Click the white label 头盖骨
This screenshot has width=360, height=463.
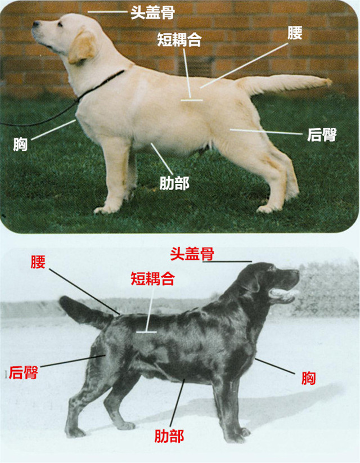[x=152, y=12]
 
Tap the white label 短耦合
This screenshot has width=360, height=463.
[x=179, y=39]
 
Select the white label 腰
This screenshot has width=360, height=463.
[x=295, y=33]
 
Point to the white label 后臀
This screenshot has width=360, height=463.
[x=322, y=135]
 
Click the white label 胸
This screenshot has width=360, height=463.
[x=20, y=145]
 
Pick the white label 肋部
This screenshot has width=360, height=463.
[x=174, y=183]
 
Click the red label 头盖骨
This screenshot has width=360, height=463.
[x=192, y=254]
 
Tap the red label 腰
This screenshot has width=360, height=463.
[x=38, y=262]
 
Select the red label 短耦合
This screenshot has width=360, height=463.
[x=152, y=278]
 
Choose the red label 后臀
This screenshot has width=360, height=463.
[x=23, y=372]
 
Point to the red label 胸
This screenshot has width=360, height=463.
[x=309, y=378]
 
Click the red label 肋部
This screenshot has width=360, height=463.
[x=169, y=436]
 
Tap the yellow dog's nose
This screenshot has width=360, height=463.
[x=36, y=24]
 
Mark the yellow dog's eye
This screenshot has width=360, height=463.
[x=60, y=25]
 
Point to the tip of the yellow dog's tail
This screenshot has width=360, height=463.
[x=329, y=82]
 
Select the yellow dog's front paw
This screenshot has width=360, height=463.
[x=105, y=209]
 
